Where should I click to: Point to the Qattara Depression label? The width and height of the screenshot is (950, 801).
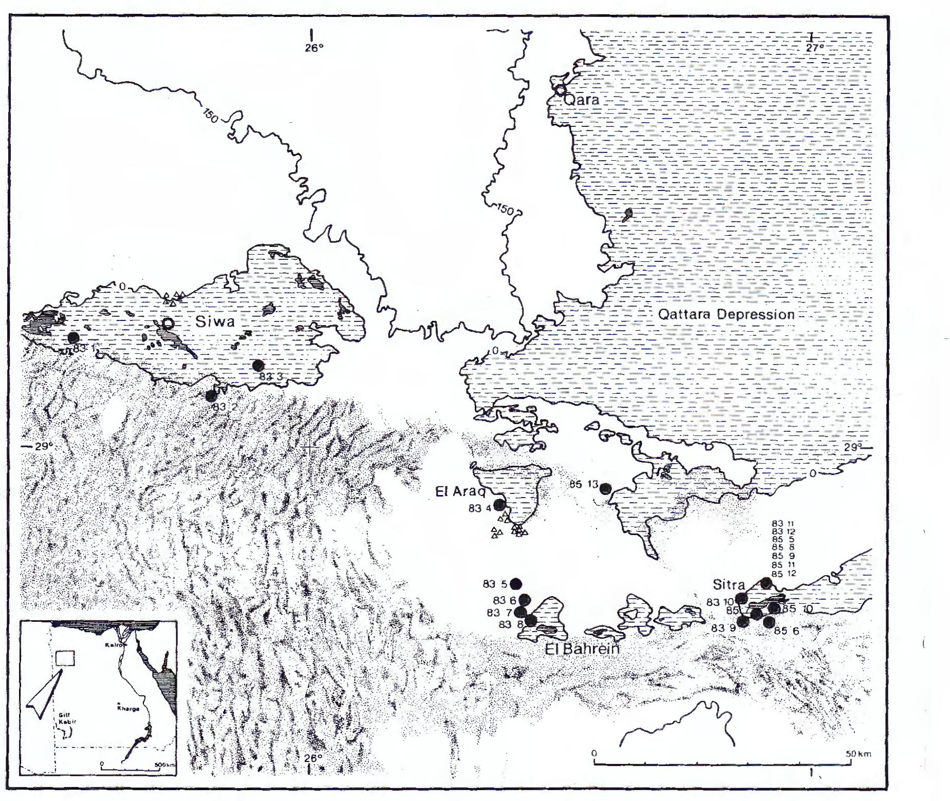click(x=726, y=314)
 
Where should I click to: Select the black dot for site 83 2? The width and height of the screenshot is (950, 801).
click(x=211, y=395)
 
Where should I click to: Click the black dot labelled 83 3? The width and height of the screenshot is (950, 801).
click(x=258, y=365)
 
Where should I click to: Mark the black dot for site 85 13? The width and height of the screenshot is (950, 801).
click(x=606, y=488)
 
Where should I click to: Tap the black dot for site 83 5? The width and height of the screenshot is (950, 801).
click(x=516, y=584)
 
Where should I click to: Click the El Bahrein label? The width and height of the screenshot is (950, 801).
click(x=582, y=649)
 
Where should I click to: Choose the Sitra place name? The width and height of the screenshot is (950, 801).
click(x=729, y=585)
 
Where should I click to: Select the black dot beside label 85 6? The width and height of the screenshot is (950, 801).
click(x=769, y=622)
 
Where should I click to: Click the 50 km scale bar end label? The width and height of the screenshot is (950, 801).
click(x=858, y=754)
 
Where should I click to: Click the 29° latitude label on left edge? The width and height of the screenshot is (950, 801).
click(x=44, y=446)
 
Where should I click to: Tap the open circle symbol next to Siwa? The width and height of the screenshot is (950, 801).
click(x=168, y=323)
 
